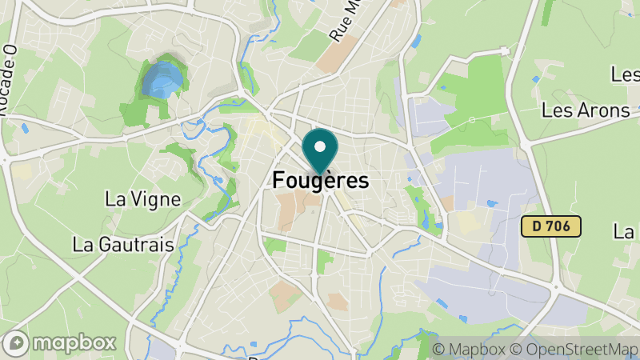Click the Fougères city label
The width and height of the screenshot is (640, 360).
(x=321, y=181)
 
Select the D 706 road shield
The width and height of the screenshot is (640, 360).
(x=550, y=226)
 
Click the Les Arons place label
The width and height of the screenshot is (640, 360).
(x=586, y=110)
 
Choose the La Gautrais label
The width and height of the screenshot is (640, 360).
(x=123, y=245)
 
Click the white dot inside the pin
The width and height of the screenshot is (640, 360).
(x=321, y=146)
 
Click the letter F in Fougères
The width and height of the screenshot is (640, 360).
(x=279, y=181)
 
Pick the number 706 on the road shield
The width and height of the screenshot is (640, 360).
(x=558, y=226)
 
